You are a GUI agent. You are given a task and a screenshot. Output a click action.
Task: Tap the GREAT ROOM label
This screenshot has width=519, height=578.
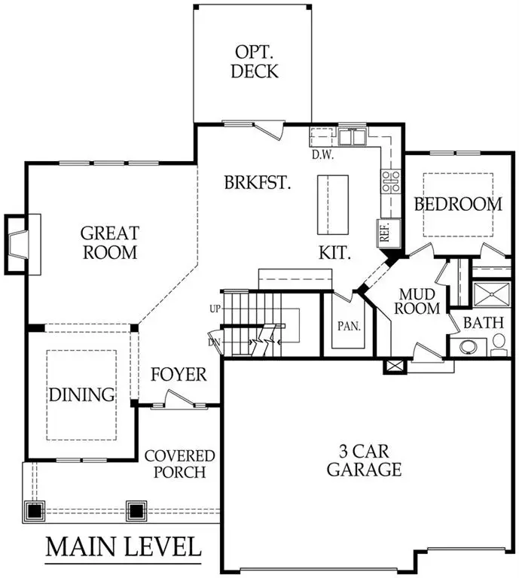coord(109,242)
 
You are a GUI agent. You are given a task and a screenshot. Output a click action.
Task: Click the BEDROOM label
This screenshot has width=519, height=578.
coord(458,203)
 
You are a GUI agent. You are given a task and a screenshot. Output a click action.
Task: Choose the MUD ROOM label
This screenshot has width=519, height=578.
coord(419,300)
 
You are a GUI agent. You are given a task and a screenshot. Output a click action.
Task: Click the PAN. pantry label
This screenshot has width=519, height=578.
coord(349,327)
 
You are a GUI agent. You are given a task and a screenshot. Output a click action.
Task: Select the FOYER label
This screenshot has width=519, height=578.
coord(179,374)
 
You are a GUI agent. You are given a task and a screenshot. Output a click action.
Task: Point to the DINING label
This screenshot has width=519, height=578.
coord(81,394)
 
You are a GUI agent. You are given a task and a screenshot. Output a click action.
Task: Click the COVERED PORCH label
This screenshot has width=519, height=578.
coord(179,464)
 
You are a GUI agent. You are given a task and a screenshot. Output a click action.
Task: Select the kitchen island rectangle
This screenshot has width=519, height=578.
coord(333,205)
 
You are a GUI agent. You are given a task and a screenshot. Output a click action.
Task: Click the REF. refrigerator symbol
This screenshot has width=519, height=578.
coord(384,233)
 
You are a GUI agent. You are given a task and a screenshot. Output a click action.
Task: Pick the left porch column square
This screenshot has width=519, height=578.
coord(35,511)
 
